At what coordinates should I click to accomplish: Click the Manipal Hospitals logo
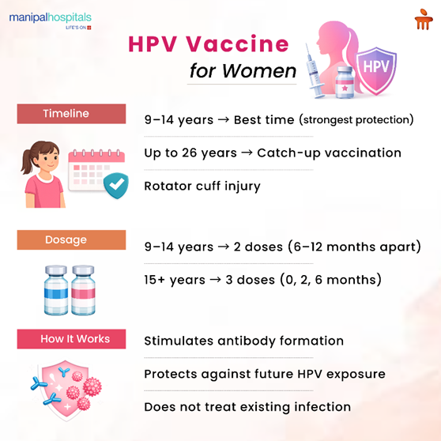pos(51,18)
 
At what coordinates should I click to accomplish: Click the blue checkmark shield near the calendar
pos(117,185)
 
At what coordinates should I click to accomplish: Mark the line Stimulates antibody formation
pos(243,341)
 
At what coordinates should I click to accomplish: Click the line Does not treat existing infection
pos(247,407)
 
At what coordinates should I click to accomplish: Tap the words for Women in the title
pos(243,71)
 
